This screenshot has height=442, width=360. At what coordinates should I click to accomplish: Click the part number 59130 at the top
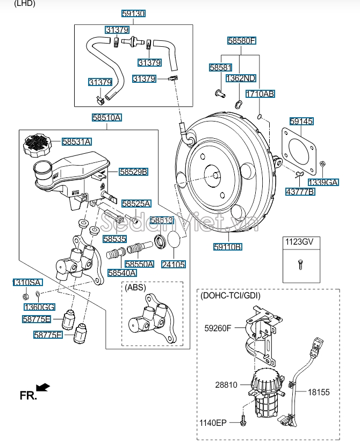coord(133,13)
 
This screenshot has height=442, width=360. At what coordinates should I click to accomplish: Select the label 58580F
coord(241,40)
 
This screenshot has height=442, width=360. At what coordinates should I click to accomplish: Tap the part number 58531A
coord(77,141)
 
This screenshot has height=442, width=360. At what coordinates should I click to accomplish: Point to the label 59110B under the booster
coord(228,247)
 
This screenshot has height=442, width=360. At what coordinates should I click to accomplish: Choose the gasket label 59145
coord(301,121)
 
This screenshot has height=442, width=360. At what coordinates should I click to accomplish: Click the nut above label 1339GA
coord(323,163)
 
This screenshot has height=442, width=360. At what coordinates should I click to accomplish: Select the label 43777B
coord(300,191)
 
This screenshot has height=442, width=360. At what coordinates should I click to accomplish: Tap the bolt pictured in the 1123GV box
coord(300,264)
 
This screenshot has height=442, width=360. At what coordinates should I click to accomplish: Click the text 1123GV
coord(299,241)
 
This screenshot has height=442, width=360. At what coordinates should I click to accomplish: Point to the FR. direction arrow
coord(43,387)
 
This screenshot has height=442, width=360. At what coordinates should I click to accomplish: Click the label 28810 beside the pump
coord(226,385)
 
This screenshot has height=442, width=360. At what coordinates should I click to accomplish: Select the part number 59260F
coord(218,328)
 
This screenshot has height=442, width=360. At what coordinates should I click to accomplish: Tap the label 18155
coord(319,392)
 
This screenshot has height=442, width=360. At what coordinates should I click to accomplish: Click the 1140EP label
coord(213,423)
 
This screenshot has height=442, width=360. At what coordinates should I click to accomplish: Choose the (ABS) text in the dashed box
coord(135,288)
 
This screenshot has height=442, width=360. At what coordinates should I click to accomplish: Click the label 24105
coord(174,264)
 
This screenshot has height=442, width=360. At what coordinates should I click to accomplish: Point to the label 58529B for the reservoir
coord(133,172)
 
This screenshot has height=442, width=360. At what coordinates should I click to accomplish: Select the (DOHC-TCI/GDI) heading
coord(231,295)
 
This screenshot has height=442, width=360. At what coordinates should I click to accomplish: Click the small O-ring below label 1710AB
coord(260,116)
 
